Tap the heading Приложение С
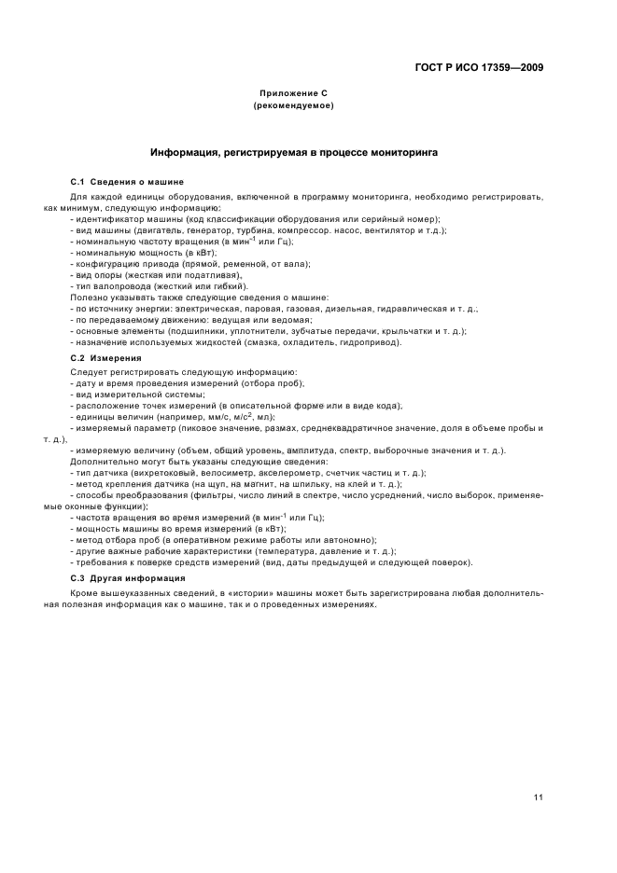[x=294, y=95]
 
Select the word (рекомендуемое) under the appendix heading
[x=294, y=106]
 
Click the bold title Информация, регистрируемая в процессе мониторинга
[x=294, y=151]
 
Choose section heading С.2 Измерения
[x=106, y=357]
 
